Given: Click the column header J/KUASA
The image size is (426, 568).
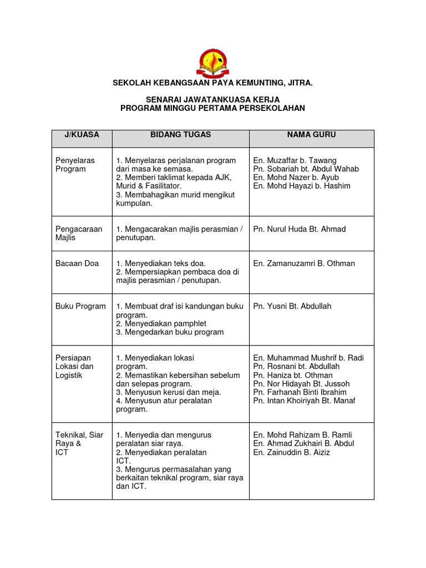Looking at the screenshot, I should click(82, 135).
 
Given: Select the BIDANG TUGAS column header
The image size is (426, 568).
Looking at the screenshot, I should click(180, 135).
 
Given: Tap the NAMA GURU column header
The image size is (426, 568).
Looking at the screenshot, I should click(311, 135).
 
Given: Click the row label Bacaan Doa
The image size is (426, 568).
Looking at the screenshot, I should click(77, 263).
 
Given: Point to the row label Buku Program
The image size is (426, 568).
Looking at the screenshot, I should click(80, 306).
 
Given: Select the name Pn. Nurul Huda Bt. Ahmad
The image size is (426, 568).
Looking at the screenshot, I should click(299, 229).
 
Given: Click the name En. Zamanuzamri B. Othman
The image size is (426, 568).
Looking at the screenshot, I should click(304, 263).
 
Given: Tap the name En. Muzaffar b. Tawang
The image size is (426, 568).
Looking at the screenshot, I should click(295, 160).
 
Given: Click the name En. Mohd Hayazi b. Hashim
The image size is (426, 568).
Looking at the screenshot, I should click(302, 186).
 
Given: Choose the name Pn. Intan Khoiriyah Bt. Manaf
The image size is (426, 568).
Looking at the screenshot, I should click(304, 400).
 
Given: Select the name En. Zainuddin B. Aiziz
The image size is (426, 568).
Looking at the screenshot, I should click(291, 452).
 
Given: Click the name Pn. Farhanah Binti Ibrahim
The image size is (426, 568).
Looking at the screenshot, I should click(300, 392).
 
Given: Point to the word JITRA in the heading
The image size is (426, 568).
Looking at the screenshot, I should click(301, 83).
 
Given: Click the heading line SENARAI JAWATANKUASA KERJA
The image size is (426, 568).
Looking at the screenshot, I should click(212, 100).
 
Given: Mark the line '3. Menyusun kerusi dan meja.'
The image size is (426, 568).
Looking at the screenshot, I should click(169, 392).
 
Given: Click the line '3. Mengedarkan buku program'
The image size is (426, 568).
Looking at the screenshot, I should click(170, 332).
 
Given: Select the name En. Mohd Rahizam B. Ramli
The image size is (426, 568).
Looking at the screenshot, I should click(302, 435).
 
